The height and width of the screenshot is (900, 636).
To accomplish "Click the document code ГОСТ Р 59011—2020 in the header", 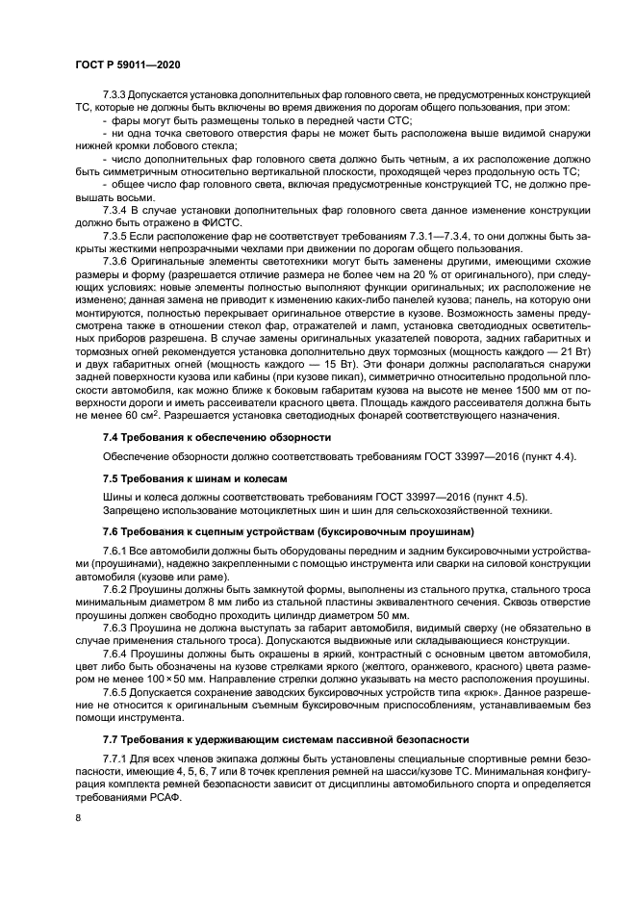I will (x=124, y=63).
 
